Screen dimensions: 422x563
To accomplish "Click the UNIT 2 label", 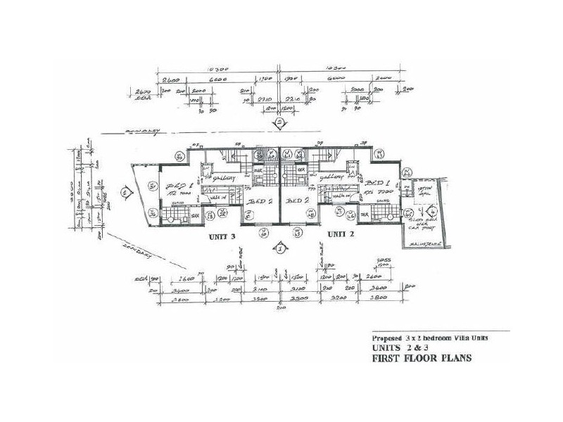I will (x=343, y=233).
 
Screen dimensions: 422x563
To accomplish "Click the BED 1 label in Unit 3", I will (x=175, y=186).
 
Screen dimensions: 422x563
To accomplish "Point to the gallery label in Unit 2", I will (x=331, y=178).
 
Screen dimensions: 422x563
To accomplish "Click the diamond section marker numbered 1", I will (x=280, y=248).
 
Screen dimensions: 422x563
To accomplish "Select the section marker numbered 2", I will (x=280, y=123).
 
